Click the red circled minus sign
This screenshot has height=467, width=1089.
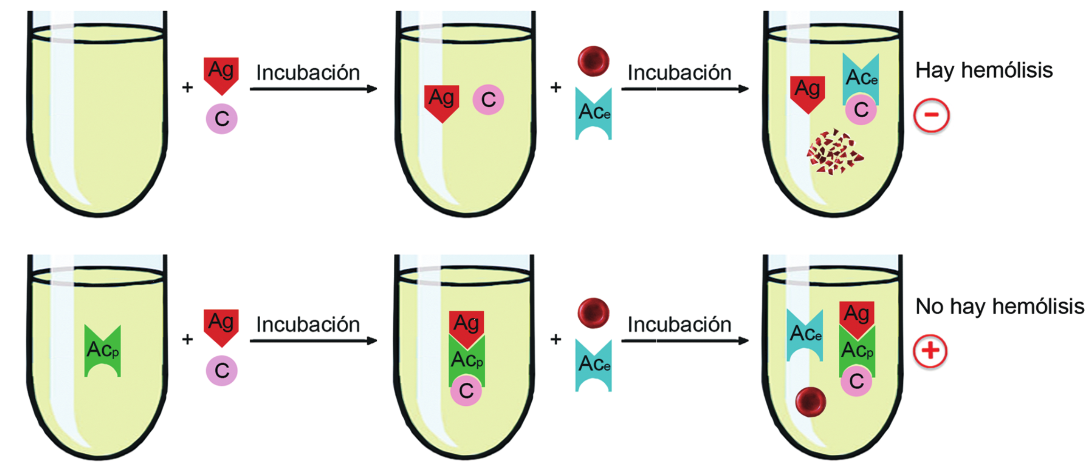point(931,115)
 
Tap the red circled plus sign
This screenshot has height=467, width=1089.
point(930,351)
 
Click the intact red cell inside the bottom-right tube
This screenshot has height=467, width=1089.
point(811,402)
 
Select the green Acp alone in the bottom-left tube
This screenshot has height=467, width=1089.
point(103,351)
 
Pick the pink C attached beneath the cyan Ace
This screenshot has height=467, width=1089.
point(861,110)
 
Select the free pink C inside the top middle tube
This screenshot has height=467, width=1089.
point(488,100)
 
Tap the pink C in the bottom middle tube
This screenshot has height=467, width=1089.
point(466,390)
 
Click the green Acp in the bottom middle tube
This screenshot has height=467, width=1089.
point(467,360)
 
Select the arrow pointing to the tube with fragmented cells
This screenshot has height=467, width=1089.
point(685,89)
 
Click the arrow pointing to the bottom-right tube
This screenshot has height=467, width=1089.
point(685,340)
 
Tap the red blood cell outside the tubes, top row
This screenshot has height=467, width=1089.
point(593,61)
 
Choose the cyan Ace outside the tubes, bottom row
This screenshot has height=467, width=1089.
point(593,365)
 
